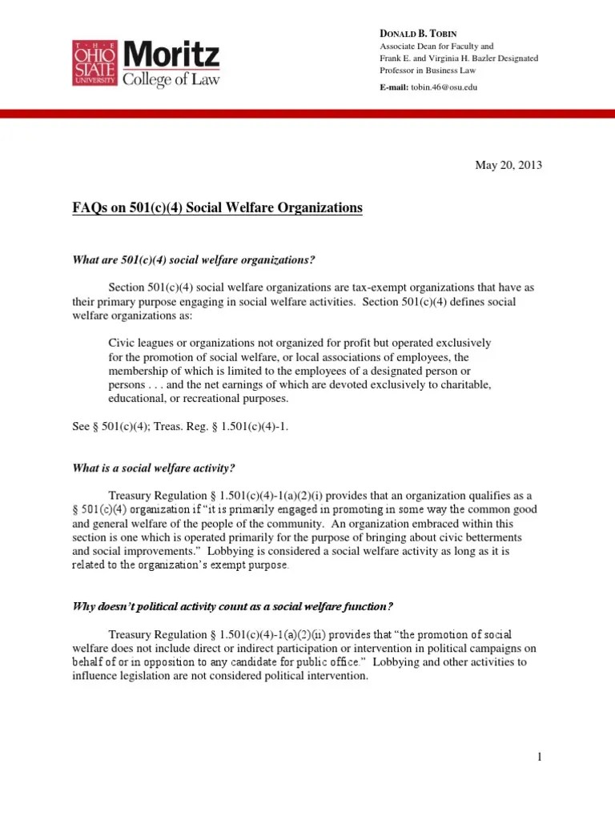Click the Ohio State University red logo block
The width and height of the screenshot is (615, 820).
click(96, 64)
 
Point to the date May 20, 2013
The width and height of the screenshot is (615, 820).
click(508, 166)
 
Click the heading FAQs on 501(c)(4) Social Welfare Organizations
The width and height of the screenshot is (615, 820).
click(217, 208)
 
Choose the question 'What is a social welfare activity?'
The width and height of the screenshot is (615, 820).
click(153, 468)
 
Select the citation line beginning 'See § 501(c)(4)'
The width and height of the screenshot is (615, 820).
click(180, 427)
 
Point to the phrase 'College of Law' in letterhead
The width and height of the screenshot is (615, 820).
click(170, 78)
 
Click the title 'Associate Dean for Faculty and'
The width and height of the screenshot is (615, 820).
click(436, 46)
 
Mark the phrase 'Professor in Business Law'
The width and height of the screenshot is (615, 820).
click(428, 71)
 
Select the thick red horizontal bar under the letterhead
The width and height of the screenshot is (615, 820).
click(307, 115)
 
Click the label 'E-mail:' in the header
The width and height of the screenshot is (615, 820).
click(394, 86)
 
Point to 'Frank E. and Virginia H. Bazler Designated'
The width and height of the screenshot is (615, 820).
click(459, 58)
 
